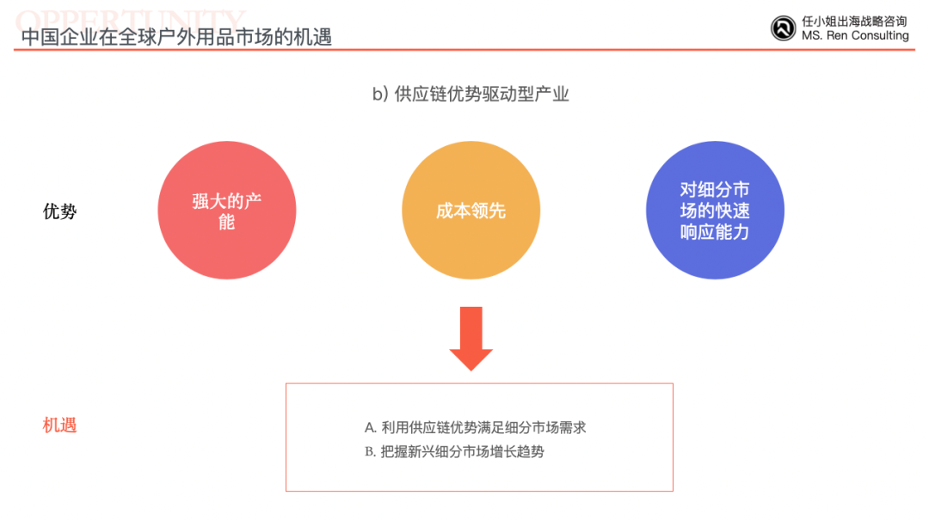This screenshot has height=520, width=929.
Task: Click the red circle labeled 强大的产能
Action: pos(227,211)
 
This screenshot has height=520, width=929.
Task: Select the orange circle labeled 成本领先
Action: pos(471,211)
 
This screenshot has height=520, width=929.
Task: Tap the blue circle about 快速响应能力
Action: pos(715,211)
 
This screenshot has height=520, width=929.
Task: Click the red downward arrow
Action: pos(471,339)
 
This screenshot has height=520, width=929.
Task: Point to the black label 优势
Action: pos(60,211)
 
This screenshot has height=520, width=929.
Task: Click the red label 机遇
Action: pos(60,425)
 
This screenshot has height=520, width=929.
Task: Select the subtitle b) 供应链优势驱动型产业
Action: pos(471,95)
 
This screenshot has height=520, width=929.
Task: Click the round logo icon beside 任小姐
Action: pos(784,28)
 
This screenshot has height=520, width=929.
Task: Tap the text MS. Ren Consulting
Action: pos(855,35)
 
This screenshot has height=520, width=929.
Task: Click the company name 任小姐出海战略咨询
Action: pos(854,21)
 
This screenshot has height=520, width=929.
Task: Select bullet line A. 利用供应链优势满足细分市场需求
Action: pos(475,428)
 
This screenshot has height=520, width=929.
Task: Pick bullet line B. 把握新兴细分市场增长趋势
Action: pos(454,452)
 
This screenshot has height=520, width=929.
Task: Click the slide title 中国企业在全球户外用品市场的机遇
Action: pos(176,37)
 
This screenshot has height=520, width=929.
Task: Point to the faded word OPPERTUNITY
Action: pos(130,21)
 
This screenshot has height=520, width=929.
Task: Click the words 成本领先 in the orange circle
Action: pos(471,211)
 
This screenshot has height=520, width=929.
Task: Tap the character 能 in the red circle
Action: pos(227,222)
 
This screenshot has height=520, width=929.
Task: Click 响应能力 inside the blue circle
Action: pos(715,232)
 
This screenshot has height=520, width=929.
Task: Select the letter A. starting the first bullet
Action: pos(370,428)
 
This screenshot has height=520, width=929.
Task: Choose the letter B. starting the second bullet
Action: pos(370,452)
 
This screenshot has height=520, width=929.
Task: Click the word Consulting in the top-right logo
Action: pos(880,35)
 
